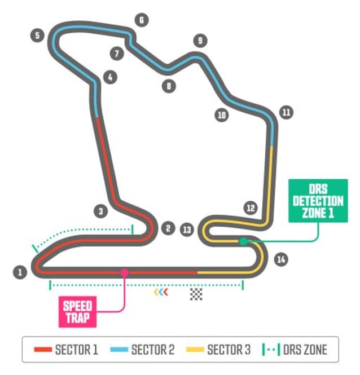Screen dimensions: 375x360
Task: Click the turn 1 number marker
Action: click(x=20, y=273)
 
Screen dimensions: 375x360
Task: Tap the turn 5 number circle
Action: click(x=37, y=36)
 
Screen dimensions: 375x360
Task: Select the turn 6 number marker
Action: click(x=141, y=20)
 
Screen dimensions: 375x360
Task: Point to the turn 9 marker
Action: click(x=199, y=41)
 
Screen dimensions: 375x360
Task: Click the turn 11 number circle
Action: click(x=286, y=112)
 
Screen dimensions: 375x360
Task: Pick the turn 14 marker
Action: click(x=280, y=259)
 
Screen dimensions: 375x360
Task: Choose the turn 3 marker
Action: click(x=100, y=212)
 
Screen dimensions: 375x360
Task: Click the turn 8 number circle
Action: click(x=168, y=86)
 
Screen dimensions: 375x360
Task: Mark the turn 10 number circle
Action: click(x=221, y=115)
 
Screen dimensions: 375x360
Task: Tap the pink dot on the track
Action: click(x=124, y=272)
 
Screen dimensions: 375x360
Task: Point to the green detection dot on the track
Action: click(x=243, y=241)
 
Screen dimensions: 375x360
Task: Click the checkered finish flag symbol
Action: click(x=196, y=294)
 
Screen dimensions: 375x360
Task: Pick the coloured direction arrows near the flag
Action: click(x=161, y=293)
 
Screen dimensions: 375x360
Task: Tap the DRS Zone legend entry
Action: click(x=295, y=350)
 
